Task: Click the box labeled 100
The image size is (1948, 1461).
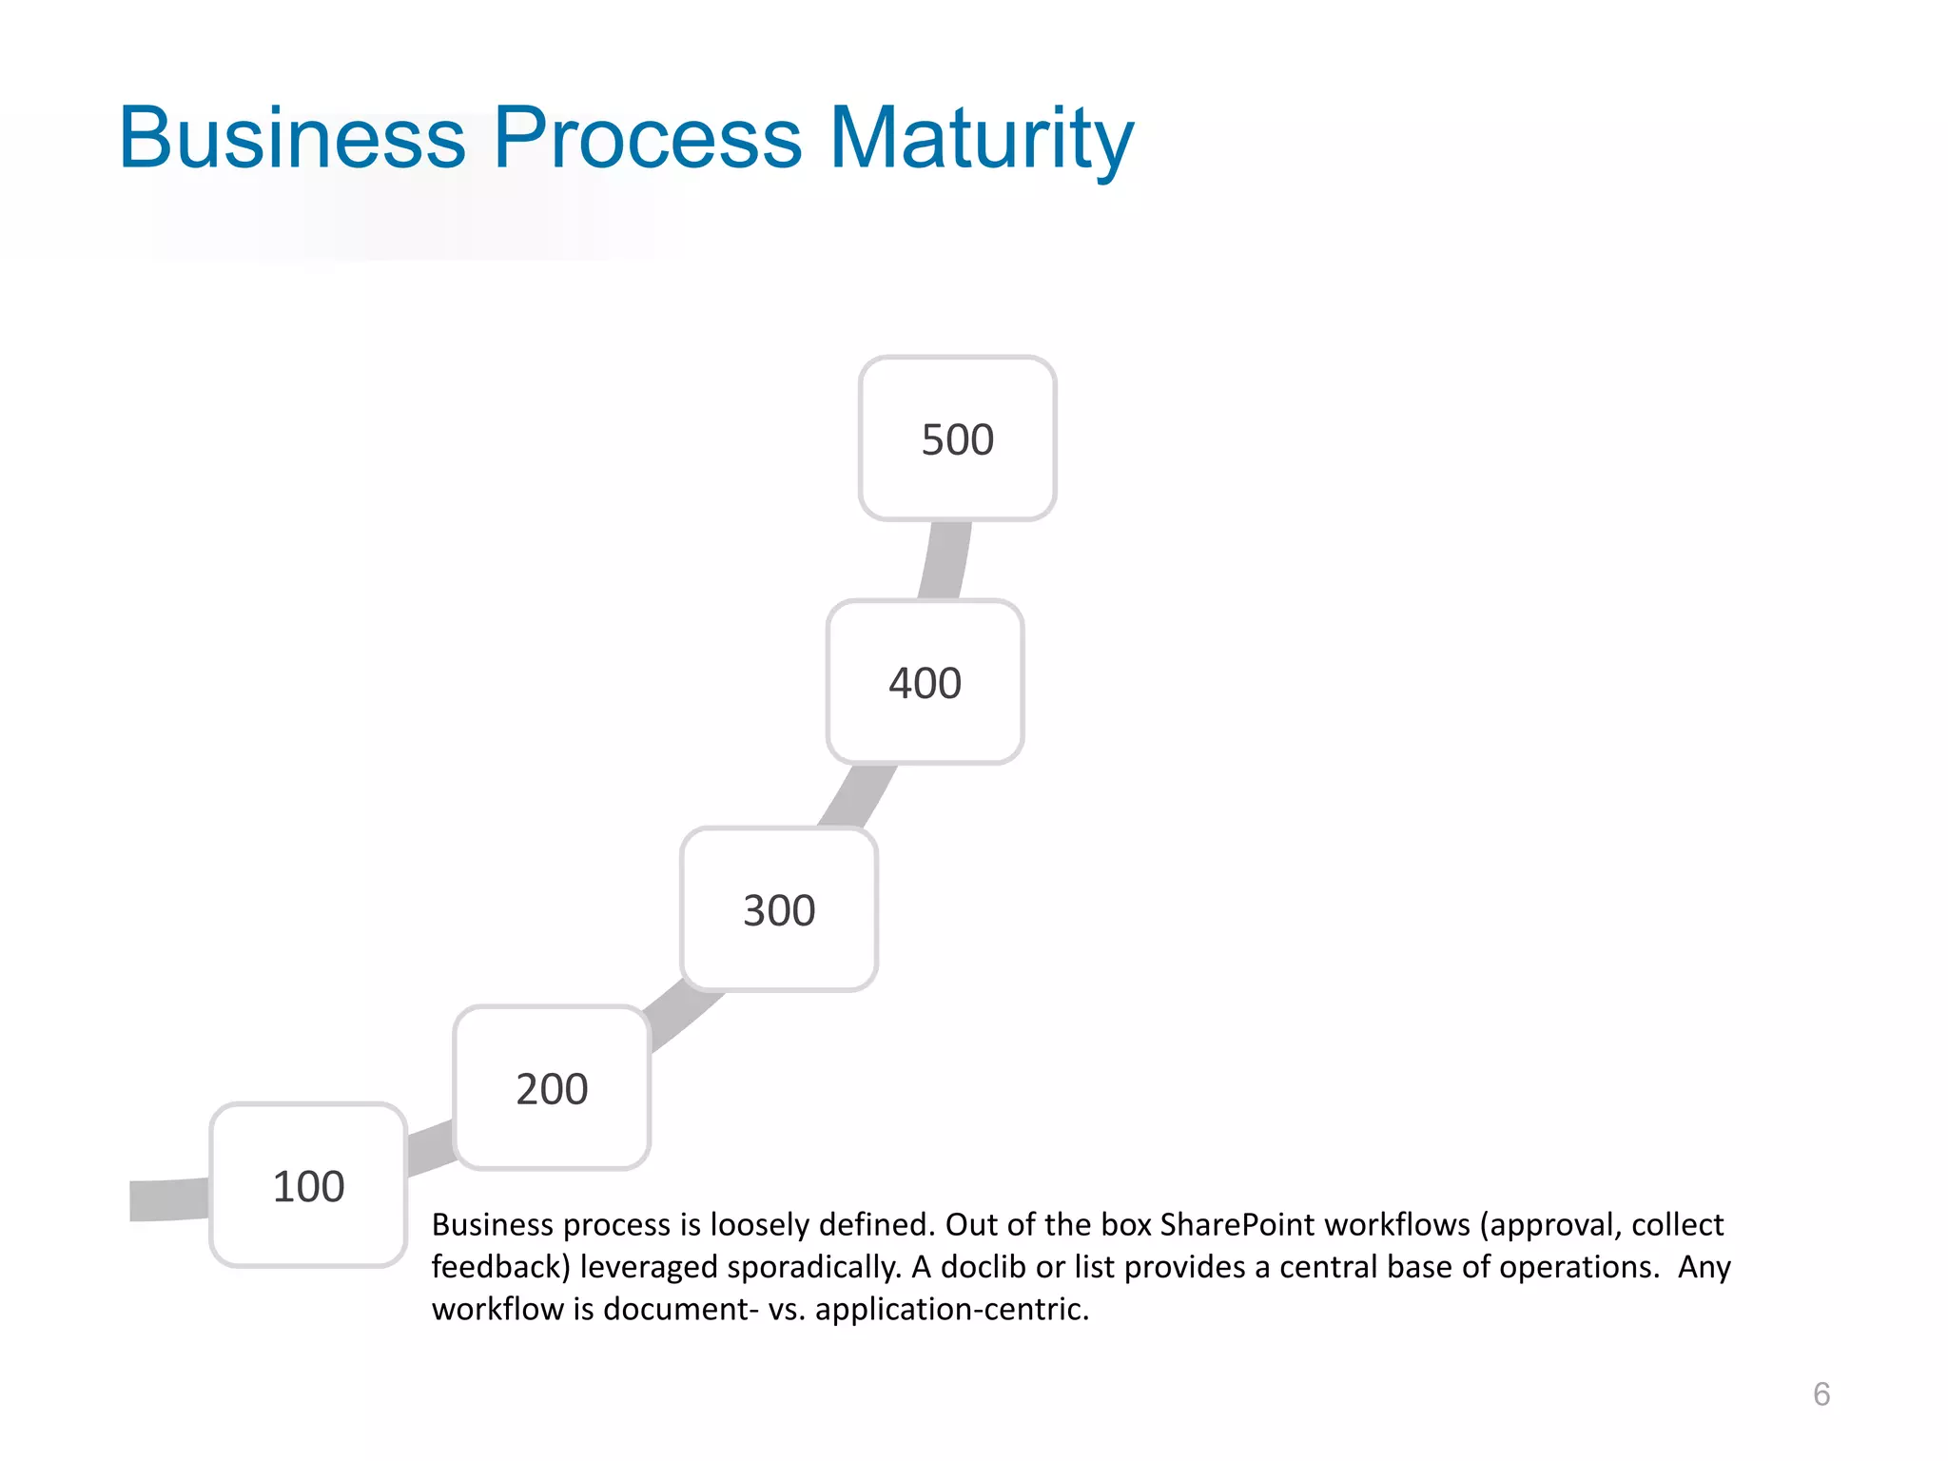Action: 308,1185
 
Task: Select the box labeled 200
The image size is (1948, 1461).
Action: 552,1087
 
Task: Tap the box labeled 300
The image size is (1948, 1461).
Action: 779,909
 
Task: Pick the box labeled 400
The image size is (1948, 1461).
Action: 925,682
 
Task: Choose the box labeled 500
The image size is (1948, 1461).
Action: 957,438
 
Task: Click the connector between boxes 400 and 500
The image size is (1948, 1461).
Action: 945,560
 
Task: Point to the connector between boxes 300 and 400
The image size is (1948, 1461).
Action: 859,795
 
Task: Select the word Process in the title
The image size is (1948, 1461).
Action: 647,138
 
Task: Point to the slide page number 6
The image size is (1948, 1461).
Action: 1821,1393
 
